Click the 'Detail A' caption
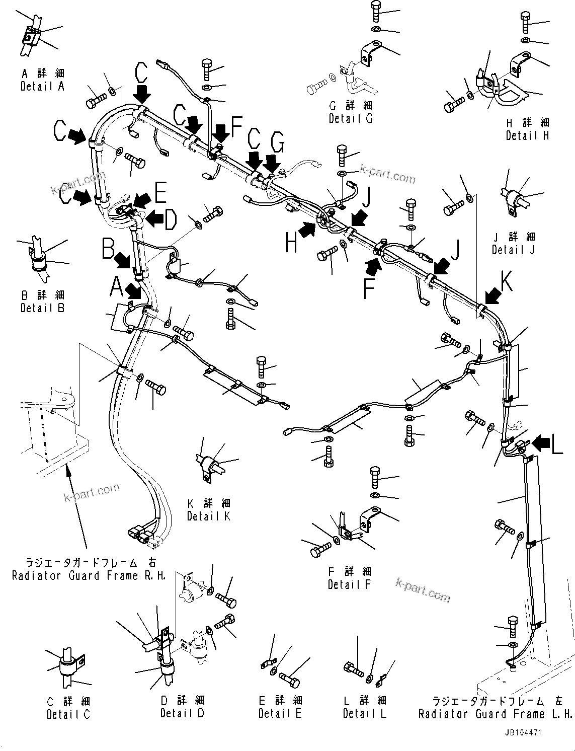(x=42, y=87)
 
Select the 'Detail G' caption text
(x=351, y=119)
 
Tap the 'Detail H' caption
(x=527, y=135)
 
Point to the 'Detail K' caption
(x=208, y=516)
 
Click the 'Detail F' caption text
(x=349, y=584)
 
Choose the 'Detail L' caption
(x=364, y=713)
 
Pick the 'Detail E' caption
(x=280, y=713)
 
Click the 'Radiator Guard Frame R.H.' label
(x=89, y=575)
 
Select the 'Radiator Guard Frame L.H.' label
(x=495, y=714)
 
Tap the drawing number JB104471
(x=524, y=733)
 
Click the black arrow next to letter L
(x=541, y=443)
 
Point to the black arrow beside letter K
(x=492, y=295)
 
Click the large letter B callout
(x=109, y=248)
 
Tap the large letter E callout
(x=160, y=193)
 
